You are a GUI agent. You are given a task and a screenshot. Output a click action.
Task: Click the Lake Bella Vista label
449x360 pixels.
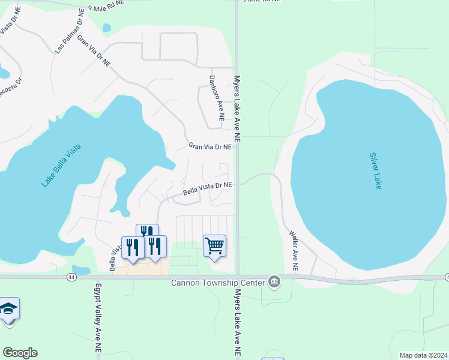click(x=61, y=165)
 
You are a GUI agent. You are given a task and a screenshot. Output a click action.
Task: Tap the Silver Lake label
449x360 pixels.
click(x=375, y=171)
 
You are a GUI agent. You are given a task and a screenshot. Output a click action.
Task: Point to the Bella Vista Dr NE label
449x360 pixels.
click(x=207, y=190)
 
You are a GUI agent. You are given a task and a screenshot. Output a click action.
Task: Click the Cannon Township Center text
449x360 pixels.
click(x=218, y=282)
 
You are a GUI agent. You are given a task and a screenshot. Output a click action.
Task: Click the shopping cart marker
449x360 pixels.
click(x=214, y=245)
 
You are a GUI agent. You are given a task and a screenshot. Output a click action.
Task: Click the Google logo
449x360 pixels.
click(x=20, y=353)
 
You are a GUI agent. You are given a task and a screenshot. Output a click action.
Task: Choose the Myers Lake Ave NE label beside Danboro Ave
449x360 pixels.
click(x=237, y=108)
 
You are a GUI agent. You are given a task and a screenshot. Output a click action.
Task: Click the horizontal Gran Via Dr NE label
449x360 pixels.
click(x=209, y=146)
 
